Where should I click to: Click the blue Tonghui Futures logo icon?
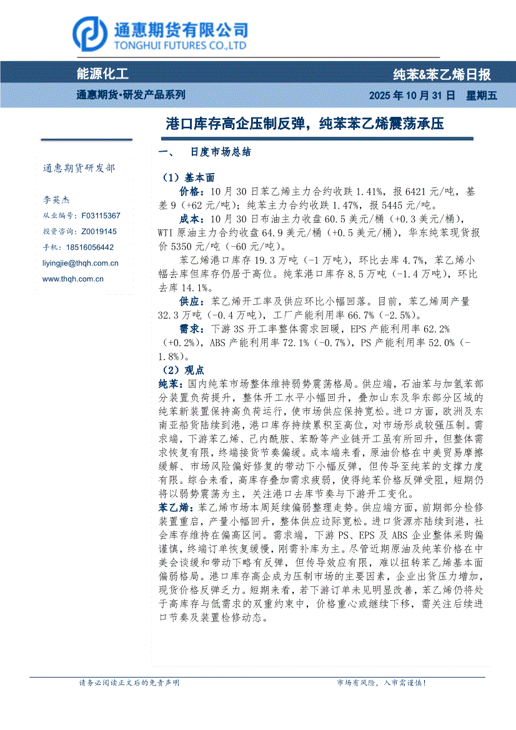(89, 33)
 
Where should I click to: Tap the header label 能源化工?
(102, 74)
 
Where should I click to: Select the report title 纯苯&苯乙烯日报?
(442, 75)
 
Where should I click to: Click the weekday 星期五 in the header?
(481, 96)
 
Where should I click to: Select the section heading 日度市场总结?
(221, 152)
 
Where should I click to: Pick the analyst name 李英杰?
(56, 200)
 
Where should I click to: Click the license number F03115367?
(101, 215)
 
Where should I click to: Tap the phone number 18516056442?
(91, 247)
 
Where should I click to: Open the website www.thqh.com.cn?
(72, 279)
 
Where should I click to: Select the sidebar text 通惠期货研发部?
(79, 168)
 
